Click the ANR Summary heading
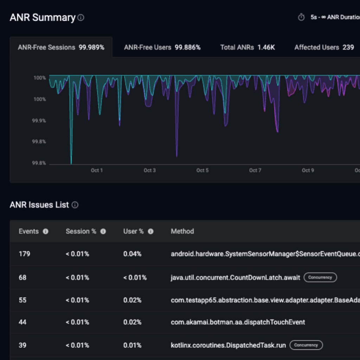(43, 18)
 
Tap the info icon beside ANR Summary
(81, 18)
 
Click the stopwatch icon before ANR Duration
(301, 17)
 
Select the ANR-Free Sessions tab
(61, 47)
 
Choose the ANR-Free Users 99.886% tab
(162, 47)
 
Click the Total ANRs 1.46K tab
(247, 47)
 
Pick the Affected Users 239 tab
(324, 47)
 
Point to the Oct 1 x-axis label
(97, 171)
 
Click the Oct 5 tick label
(202, 171)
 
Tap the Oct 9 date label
(308, 171)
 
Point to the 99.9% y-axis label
(39, 121)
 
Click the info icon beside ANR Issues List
(75, 205)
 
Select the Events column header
(29, 231)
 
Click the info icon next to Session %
(103, 231)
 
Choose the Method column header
(182, 231)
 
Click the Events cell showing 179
(24, 254)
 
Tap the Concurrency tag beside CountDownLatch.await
(320, 277)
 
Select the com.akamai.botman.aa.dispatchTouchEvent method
(238, 322)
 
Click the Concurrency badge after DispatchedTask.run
(306, 345)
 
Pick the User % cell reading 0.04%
(132, 254)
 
